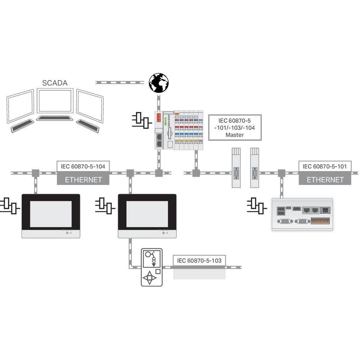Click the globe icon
[x=159, y=83]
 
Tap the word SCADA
[x=55, y=83]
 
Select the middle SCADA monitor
[x=55, y=101]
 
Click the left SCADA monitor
[x=21, y=107]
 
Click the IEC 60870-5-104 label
[x=83, y=166]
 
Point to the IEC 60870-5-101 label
[x=325, y=166]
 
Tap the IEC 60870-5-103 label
[x=199, y=261]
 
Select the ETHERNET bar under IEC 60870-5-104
[x=83, y=179]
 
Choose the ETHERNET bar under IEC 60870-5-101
[x=325, y=179]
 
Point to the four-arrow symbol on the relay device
[x=150, y=278]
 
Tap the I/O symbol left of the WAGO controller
[x=140, y=120]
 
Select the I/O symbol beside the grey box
[x=255, y=206]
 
